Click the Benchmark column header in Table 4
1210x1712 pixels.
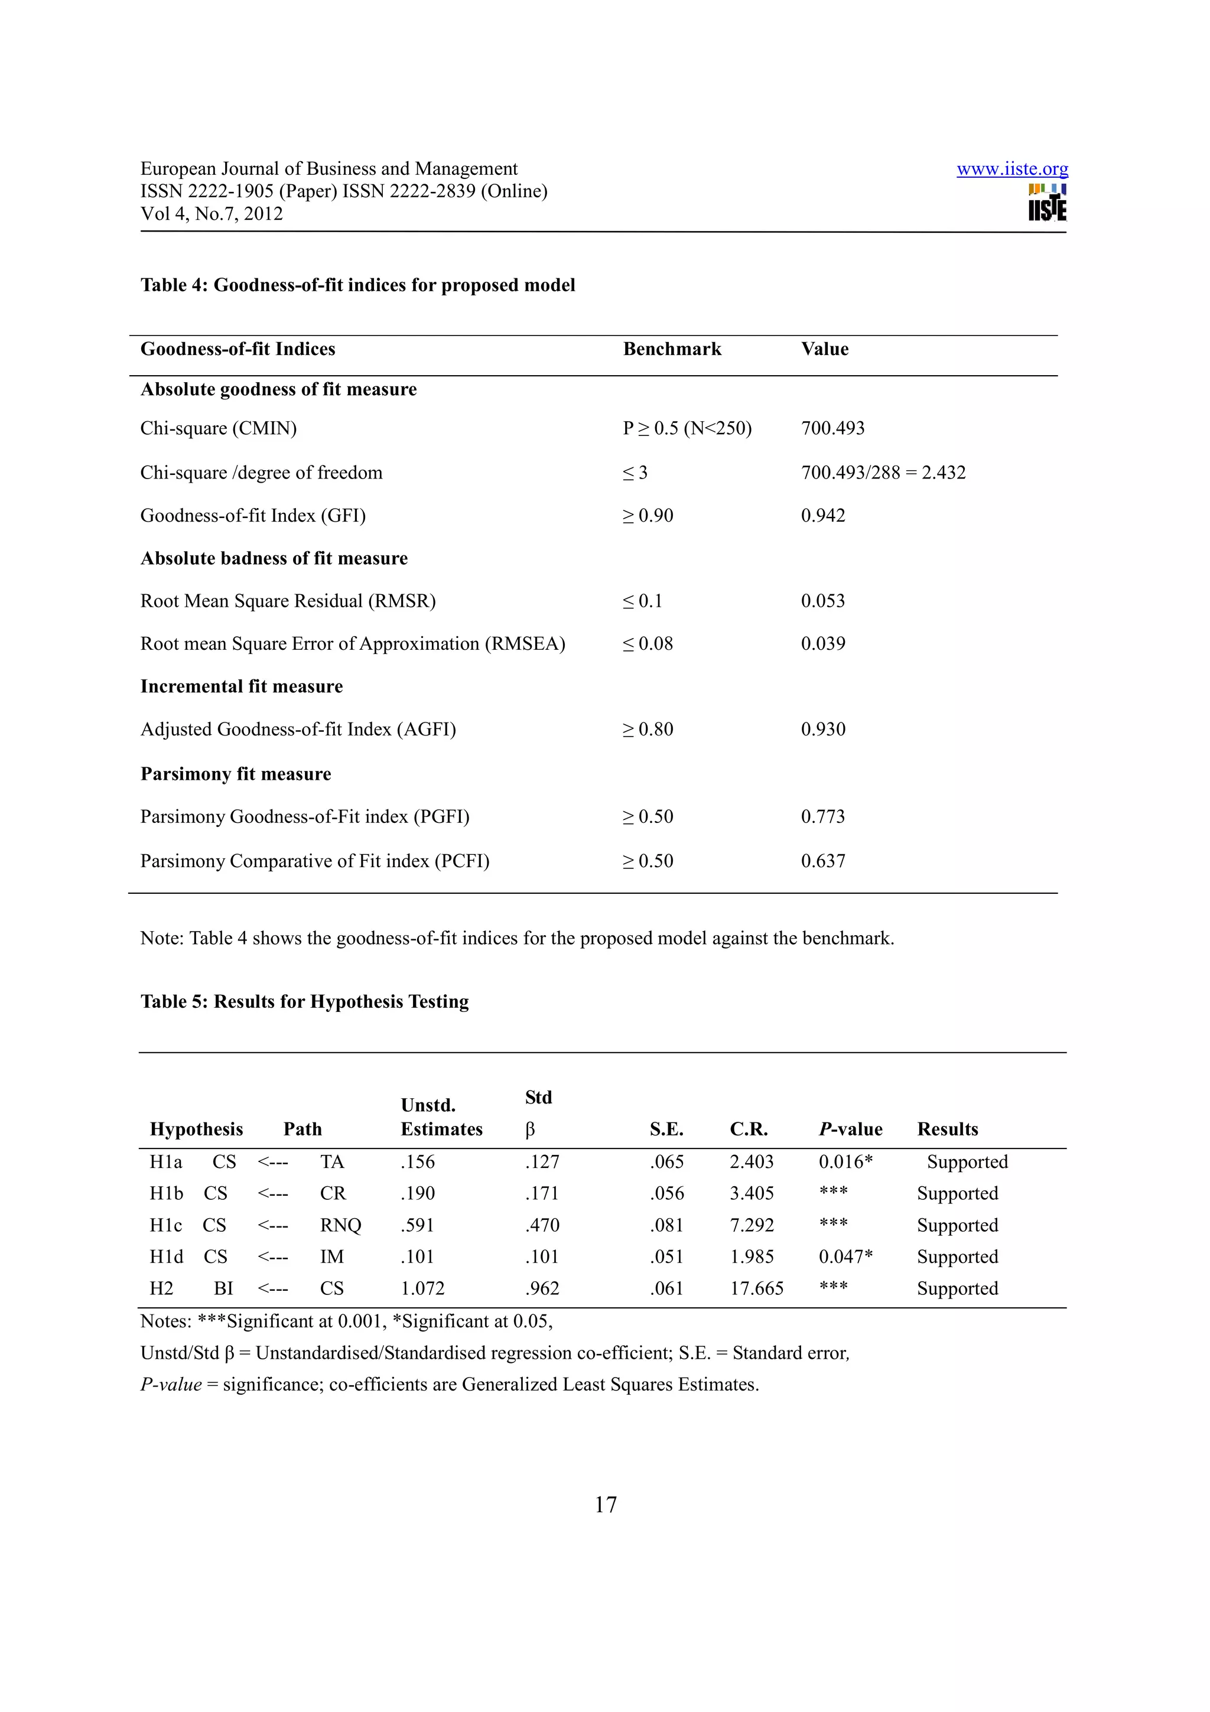pyautogui.click(x=672, y=349)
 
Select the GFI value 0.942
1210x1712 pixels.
pyautogui.click(x=822, y=515)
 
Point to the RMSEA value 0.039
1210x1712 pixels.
pyautogui.click(x=822, y=643)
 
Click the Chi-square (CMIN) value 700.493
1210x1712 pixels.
pyautogui.click(x=832, y=428)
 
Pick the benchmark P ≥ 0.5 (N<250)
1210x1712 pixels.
pyautogui.click(x=687, y=428)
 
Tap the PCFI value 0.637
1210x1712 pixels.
pyautogui.click(x=822, y=861)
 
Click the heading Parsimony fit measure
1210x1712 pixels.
pyautogui.click(x=236, y=774)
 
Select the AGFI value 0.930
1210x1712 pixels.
pyautogui.click(x=822, y=728)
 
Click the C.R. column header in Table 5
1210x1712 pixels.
pyautogui.click(x=749, y=1129)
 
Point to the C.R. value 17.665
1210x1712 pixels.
pyautogui.click(x=756, y=1288)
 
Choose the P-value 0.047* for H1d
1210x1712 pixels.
pyautogui.click(x=845, y=1257)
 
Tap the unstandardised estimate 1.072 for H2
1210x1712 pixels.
pyautogui.click(x=422, y=1288)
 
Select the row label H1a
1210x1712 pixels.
pyautogui.click(x=165, y=1161)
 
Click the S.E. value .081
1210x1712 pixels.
pyautogui.click(x=666, y=1225)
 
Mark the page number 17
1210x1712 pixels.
pyautogui.click(x=606, y=1505)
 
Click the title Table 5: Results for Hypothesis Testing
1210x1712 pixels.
pyautogui.click(x=304, y=1001)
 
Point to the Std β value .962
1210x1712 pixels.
pyautogui.click(x=541, y=1288)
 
